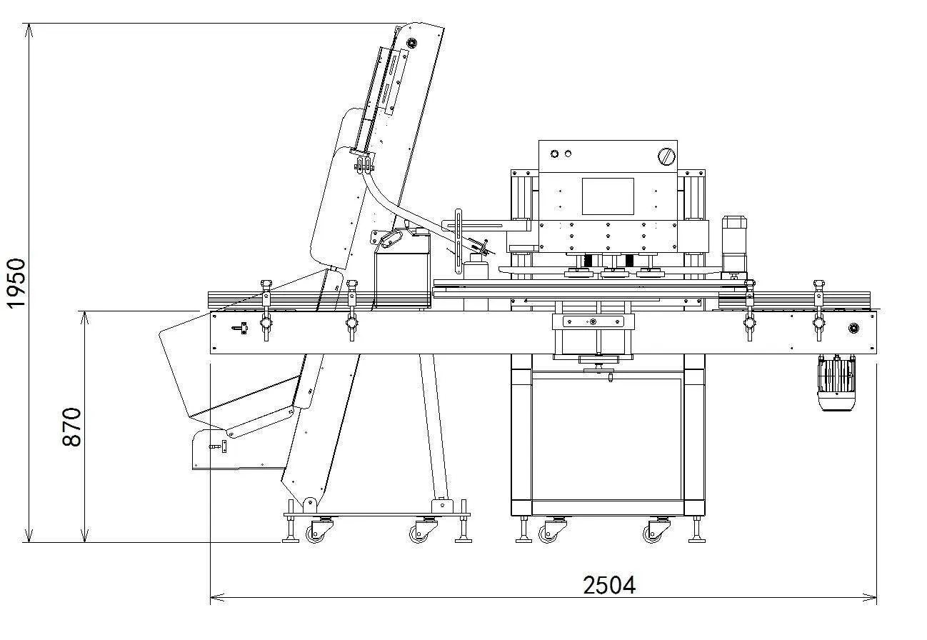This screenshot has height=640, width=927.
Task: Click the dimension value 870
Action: [x=71, y=427]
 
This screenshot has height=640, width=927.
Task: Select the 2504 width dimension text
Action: [x=609, y=585]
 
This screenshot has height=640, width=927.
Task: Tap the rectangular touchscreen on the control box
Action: [x=608, y=196]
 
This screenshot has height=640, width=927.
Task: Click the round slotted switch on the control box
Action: [x=667, y=157]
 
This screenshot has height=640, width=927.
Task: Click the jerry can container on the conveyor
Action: [x=402, y=269]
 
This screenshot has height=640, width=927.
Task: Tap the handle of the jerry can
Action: [x=391, y=239]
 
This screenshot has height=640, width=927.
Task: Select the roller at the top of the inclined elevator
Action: [x=412, y=43]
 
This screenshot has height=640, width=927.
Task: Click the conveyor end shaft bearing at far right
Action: [x=853, y=329]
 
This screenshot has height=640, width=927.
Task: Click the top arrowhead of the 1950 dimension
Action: [x=29, y=31]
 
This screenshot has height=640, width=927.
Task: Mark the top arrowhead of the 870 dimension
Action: [x=84, y=319]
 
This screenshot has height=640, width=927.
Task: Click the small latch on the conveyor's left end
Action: [x=240, y=328]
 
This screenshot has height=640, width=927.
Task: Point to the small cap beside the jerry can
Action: [x=476, y=266]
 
